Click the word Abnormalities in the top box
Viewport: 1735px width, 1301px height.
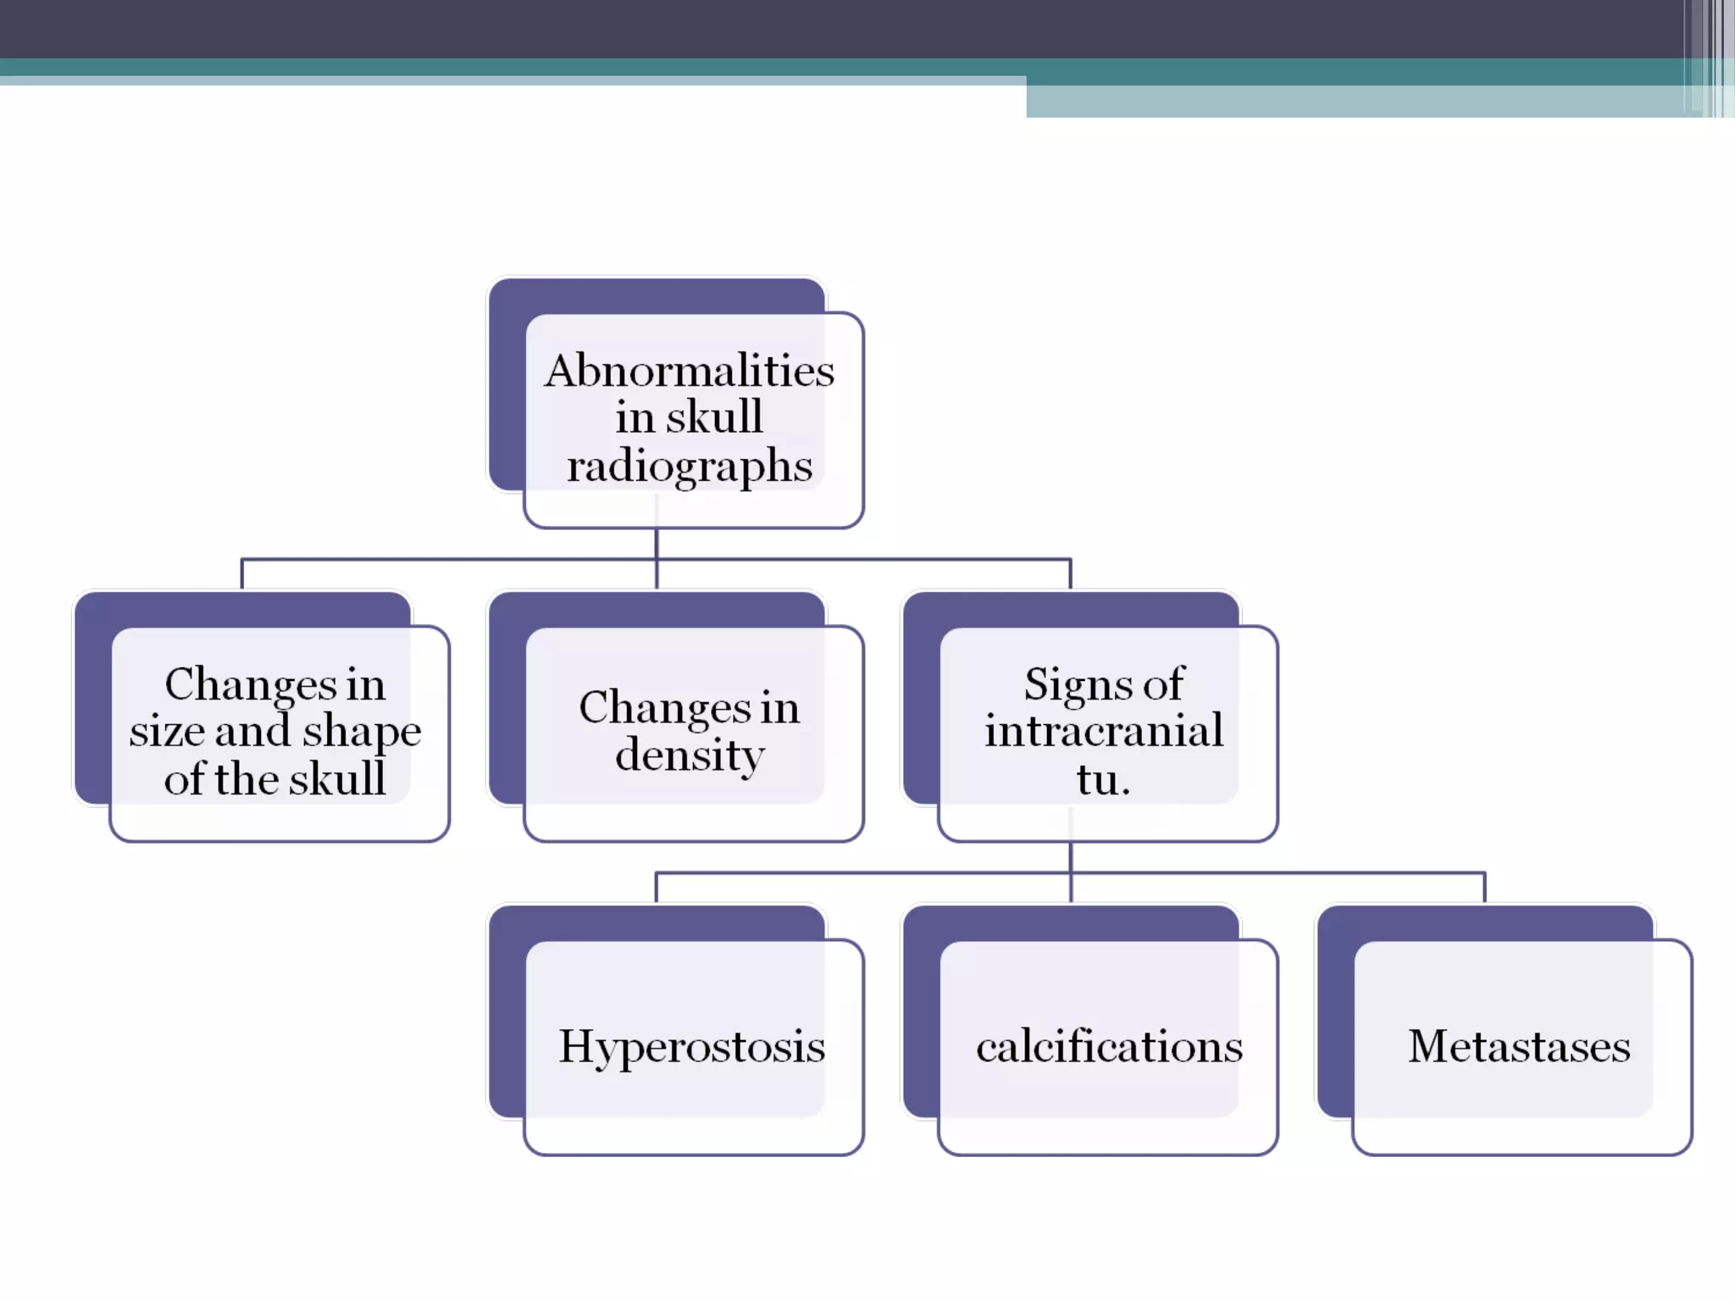(689, 371)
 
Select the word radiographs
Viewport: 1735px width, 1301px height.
(690, 467)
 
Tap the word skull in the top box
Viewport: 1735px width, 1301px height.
(714, 417)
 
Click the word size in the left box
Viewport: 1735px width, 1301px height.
(166, 731)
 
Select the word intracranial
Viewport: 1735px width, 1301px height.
(1104, 731)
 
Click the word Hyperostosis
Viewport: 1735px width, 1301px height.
(691, 1047)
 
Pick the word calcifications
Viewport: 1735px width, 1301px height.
(1109, 1047)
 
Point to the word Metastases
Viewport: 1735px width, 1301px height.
(1519, 1047)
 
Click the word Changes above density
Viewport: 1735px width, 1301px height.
(664, 708)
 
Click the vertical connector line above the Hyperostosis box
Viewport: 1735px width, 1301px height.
(657, 888)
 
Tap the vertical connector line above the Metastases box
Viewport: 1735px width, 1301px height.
(1484, 888)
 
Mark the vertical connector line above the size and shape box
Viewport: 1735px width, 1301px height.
(242, 574)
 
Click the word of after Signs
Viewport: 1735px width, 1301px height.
(1163, 684)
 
